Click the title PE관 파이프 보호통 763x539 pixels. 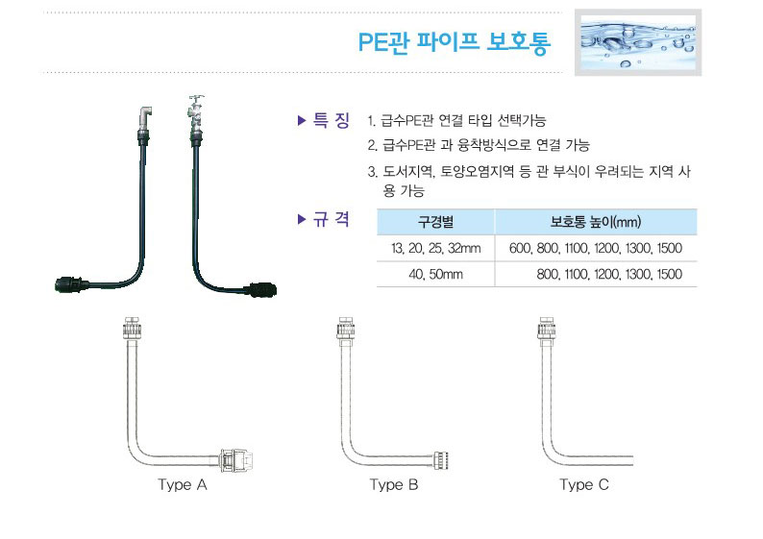click(454, 42)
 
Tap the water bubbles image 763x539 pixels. click(638, 42)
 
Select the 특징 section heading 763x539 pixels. click(324, 120)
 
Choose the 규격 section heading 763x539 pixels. click(324, 219)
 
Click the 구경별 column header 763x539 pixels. click(435, 222)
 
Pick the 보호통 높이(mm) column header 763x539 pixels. click(596, 222)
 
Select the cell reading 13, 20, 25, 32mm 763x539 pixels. click(435, 248)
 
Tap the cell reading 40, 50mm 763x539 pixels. click(435, 275)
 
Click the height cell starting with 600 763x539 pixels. click(596, 248)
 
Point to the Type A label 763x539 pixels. click(183, 484)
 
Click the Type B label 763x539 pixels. click(394, 484)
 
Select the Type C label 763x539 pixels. click(584, 484)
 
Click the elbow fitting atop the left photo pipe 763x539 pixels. click(145, 118)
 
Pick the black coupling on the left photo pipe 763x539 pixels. click(71, 284)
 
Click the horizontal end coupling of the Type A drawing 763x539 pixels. click(236, 460)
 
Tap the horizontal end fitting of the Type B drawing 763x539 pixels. click(440, 459)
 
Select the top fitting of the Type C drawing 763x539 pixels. click(546, 329)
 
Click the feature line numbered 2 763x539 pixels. click(479, 145)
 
